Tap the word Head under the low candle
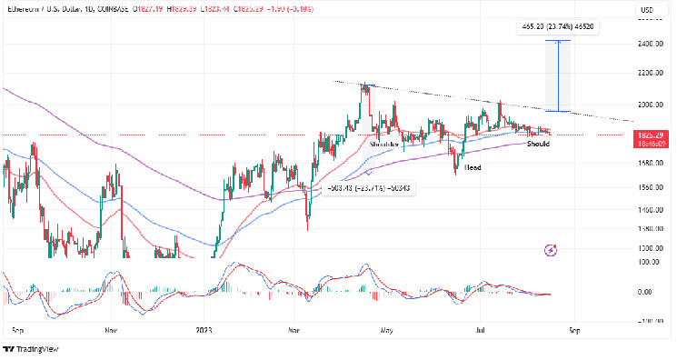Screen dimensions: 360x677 click(x=473, y=168)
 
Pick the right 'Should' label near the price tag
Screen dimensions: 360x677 click(x=538, y=144)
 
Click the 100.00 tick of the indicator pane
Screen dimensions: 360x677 click(x=647, y=262)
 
